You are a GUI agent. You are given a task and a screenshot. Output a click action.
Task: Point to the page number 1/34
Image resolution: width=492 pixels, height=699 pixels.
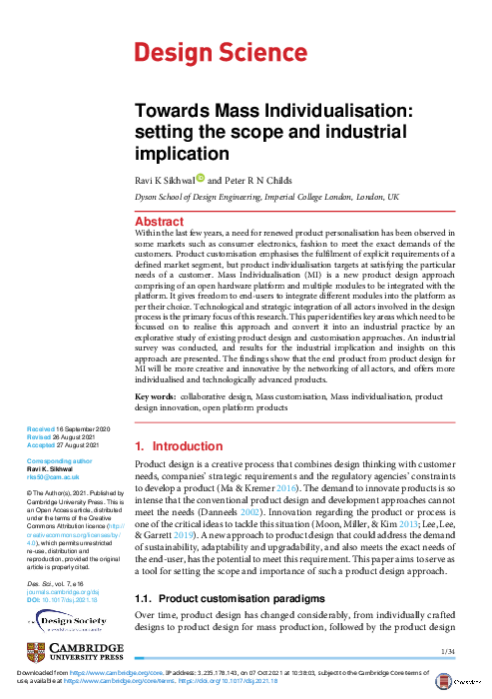pos(447,651)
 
